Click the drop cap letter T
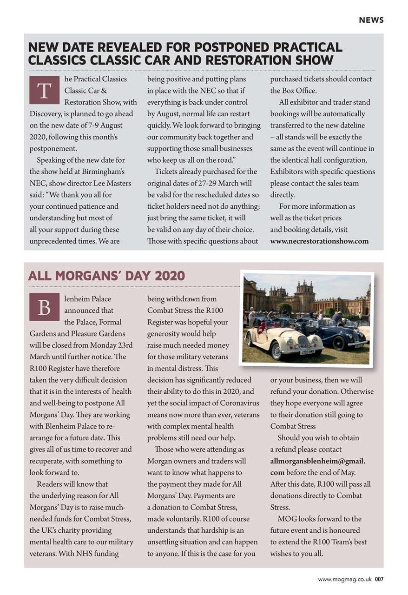(44, 90)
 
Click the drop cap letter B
(44, 307)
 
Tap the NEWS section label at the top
(371, 20)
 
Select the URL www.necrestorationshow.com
(319, 241)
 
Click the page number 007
(379, 579)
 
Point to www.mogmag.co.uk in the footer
(344, 579)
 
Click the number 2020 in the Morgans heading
(170, 276)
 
